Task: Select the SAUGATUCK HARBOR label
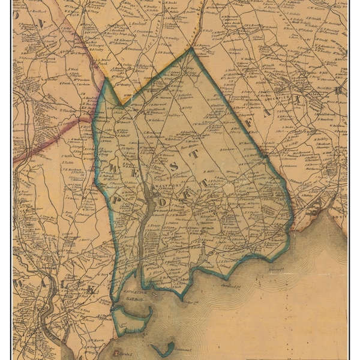point(133,297)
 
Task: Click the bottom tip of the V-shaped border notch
point(124,104)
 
